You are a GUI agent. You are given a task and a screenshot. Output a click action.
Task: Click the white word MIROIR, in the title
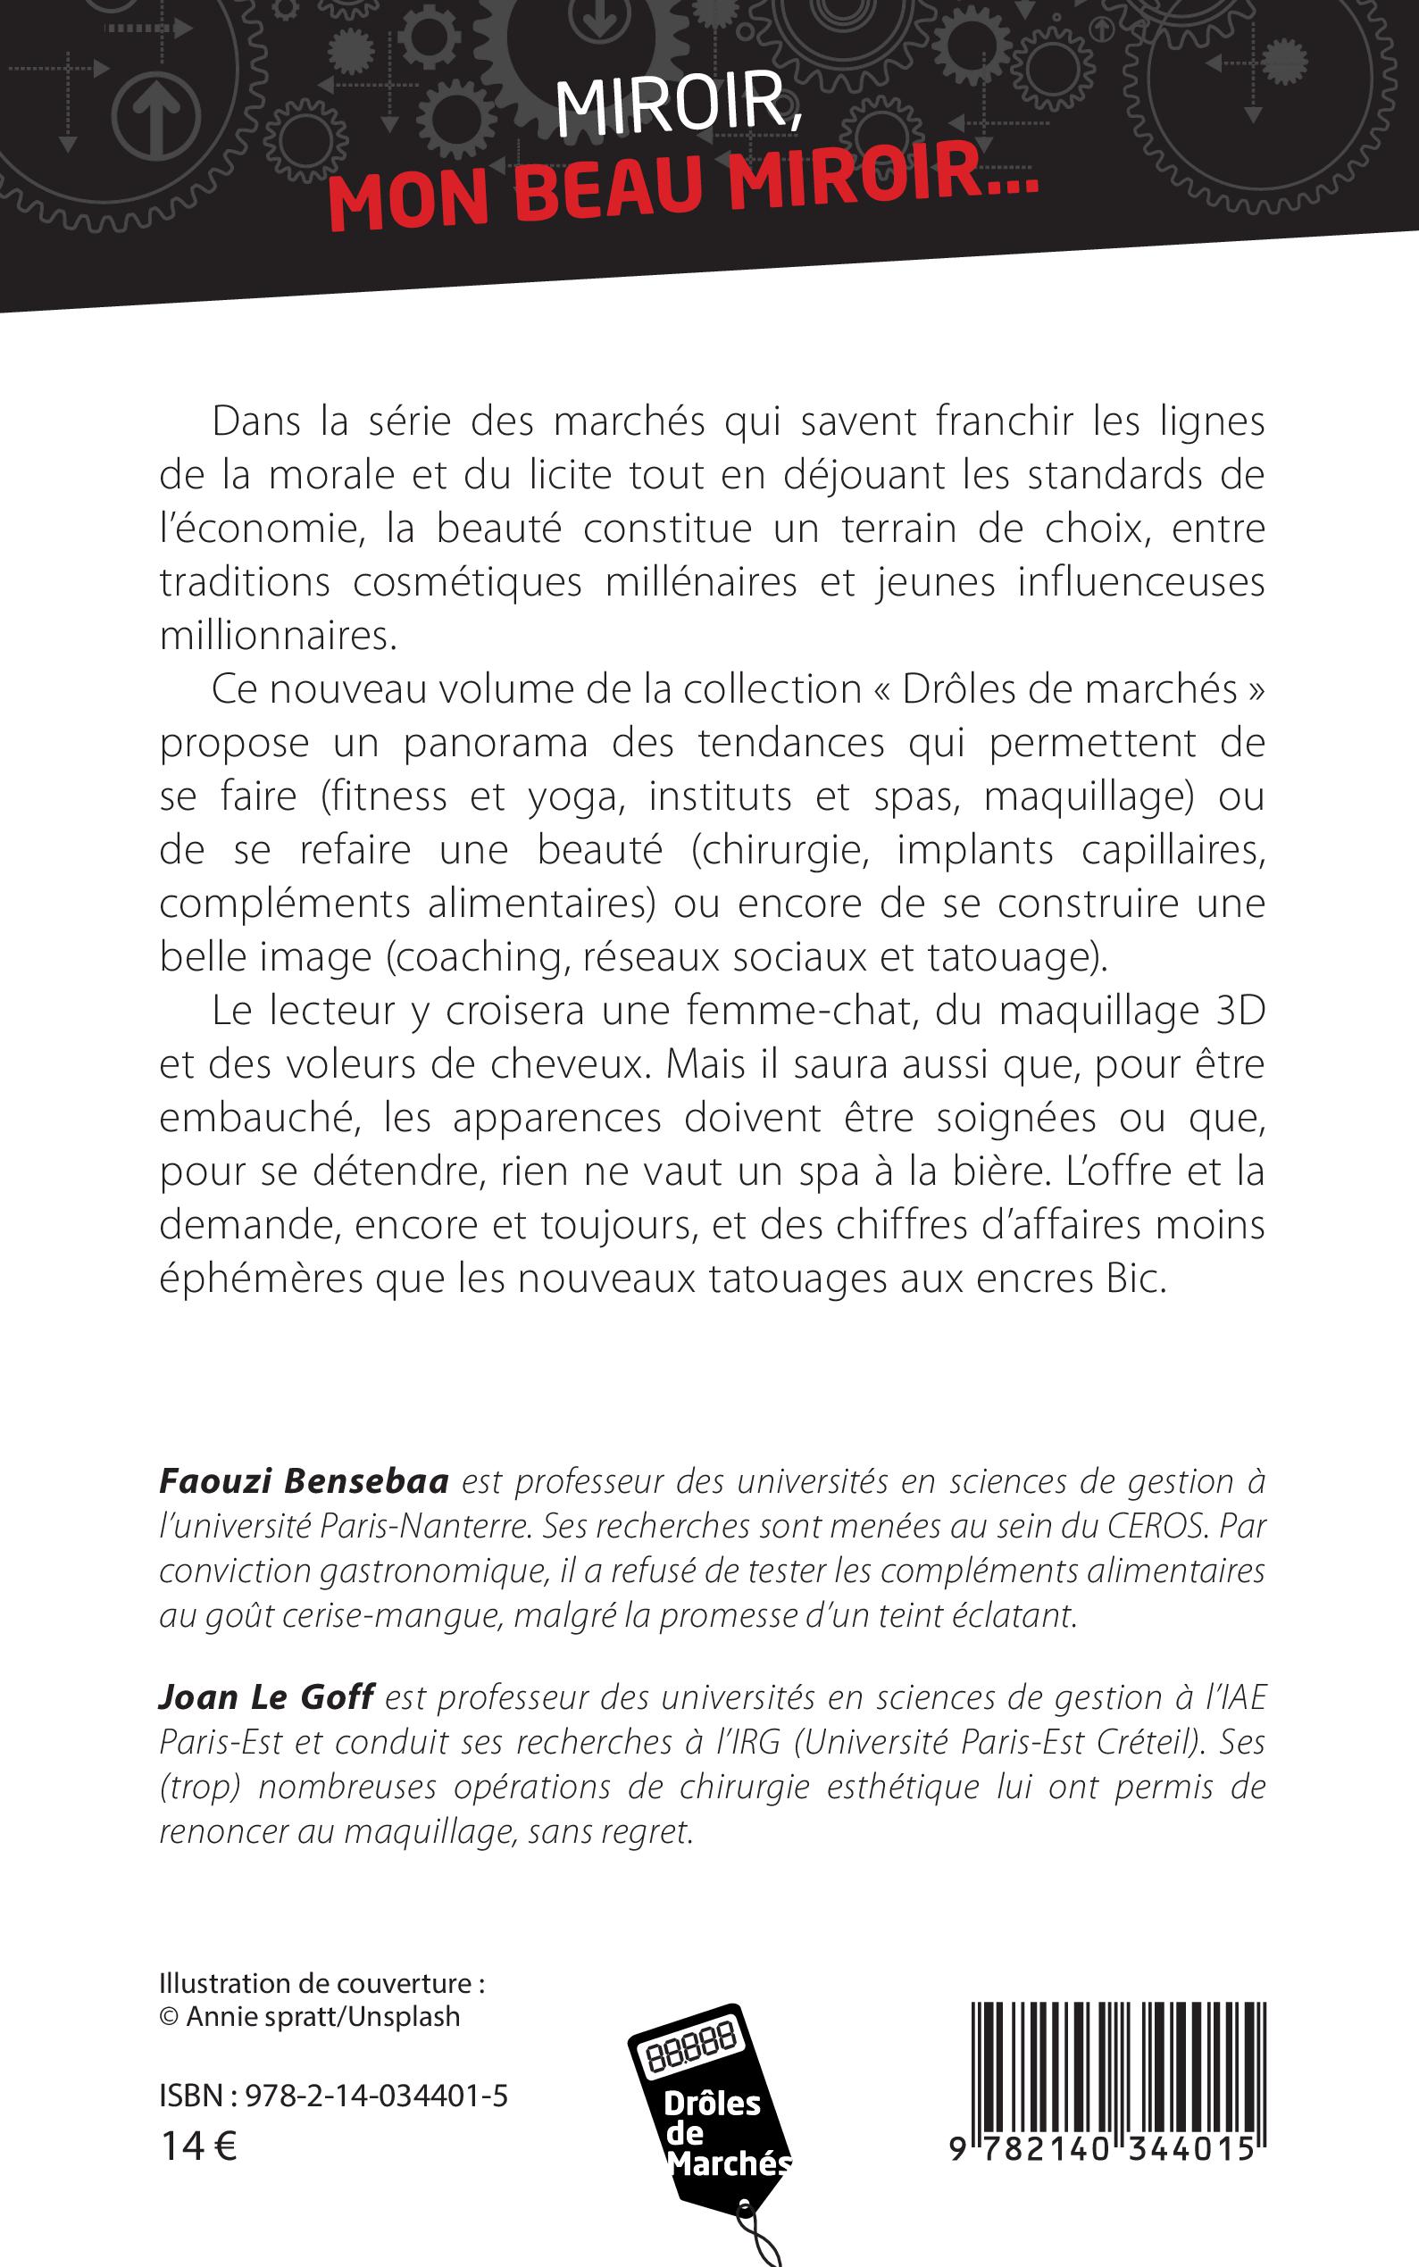674,105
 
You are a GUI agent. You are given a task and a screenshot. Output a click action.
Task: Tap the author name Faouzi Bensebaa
304,1480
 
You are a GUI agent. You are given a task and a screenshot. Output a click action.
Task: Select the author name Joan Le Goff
266,1696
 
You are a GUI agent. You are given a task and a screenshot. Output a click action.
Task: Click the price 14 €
200,2146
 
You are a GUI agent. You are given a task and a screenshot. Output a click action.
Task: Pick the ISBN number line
333,2096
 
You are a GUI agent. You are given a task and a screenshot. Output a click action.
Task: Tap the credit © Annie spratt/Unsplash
310,2016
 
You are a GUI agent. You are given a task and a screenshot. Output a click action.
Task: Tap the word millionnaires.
279,637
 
